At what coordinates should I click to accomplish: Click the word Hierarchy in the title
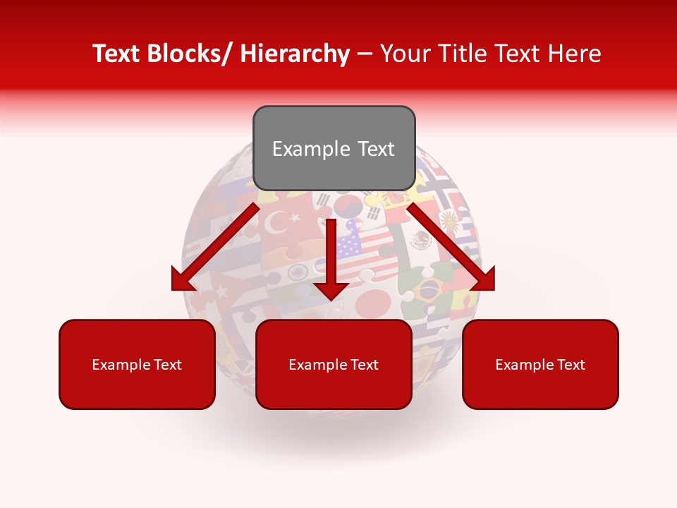coord(295,54)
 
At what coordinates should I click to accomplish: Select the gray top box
coord(334,148)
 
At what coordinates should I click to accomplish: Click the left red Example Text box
coord(137,364)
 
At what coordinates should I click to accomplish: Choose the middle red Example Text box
coord(334,364)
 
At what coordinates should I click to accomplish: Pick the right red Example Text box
coord(540,364)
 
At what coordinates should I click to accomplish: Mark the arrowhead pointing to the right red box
coord(484,278)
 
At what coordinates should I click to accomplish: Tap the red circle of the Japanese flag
coord(372,303)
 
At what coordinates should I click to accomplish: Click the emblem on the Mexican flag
coord(422,241)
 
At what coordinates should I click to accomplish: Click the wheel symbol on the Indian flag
coord(297,272)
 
